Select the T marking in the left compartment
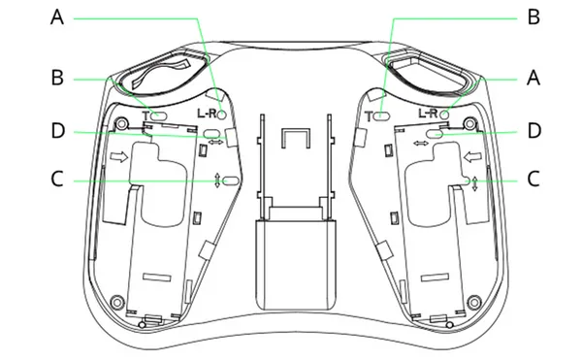tap(145, 115)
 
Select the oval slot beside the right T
tap(381, 115)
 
